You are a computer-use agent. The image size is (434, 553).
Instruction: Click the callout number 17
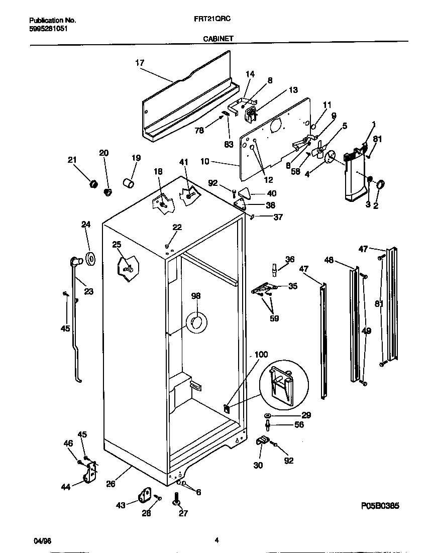[140, 63]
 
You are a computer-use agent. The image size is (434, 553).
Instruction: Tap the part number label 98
[196, 296]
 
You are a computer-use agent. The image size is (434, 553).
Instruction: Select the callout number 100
[261, 355]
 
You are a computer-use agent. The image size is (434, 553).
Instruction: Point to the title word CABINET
[218, 38]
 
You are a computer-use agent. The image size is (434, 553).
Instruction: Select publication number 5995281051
[48, 29]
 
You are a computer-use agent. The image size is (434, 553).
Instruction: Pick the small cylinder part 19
[129, 181]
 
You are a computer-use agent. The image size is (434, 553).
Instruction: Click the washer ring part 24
[91, 259]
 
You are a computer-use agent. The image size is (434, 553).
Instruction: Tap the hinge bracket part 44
[91, 473]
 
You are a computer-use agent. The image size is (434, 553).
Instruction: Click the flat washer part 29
[267, 416]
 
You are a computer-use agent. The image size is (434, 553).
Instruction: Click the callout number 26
[111, 484]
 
